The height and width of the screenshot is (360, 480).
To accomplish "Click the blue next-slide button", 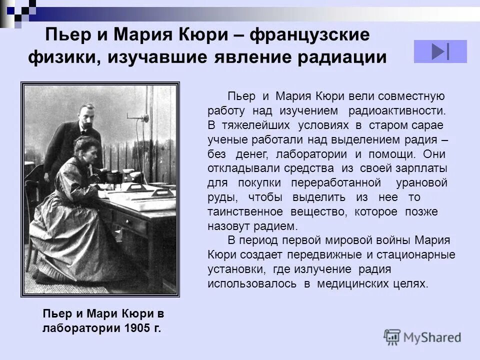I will (x=440, y=51).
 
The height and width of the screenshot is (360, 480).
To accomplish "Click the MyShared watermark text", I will (x=432, y=337).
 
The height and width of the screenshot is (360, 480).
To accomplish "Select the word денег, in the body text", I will (x=252, y=153).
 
